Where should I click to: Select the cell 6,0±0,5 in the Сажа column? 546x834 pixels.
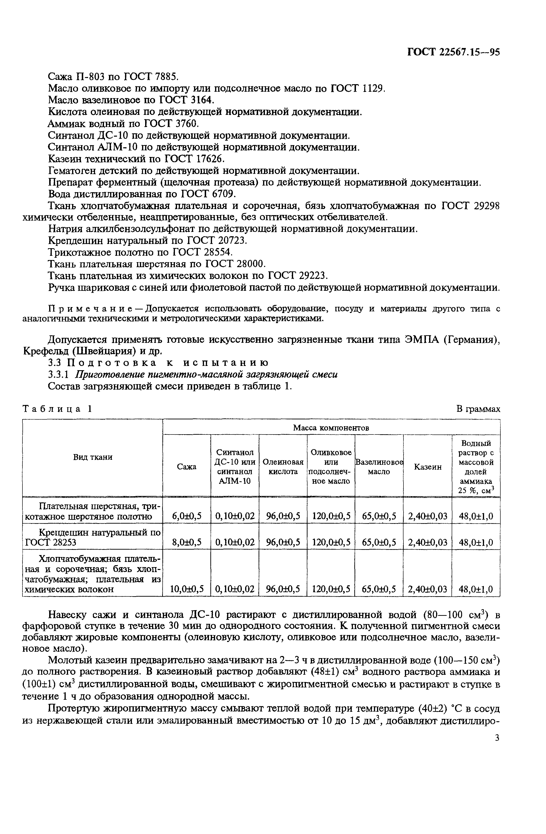click(186, 516)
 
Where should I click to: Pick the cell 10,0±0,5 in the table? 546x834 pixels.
click(186, 589)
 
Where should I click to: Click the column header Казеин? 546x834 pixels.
click(428, 467)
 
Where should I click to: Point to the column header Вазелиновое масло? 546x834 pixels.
click(379, 467)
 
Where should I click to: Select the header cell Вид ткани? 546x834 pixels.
click(92, 457)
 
